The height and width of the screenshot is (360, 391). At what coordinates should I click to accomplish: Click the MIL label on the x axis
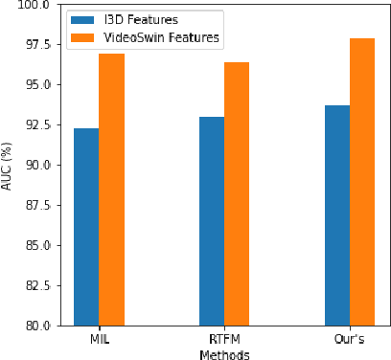[x=99, y=339]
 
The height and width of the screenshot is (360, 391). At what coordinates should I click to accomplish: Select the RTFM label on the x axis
[x=224, y=339]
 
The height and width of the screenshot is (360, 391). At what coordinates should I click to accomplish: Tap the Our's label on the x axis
[x=350, y=339]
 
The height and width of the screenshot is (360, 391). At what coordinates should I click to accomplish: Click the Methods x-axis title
[x=224, y=353]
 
